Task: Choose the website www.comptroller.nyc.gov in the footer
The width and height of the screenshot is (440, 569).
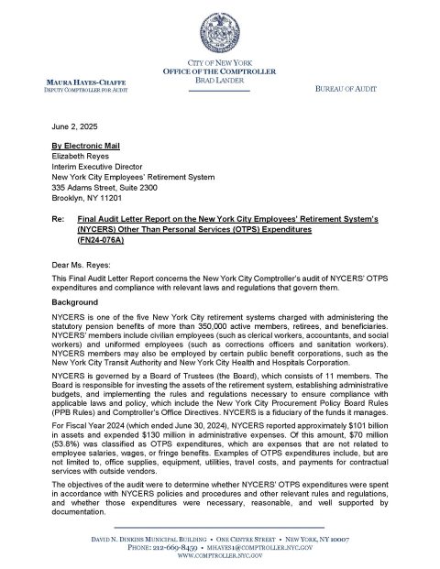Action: (219, 556)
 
